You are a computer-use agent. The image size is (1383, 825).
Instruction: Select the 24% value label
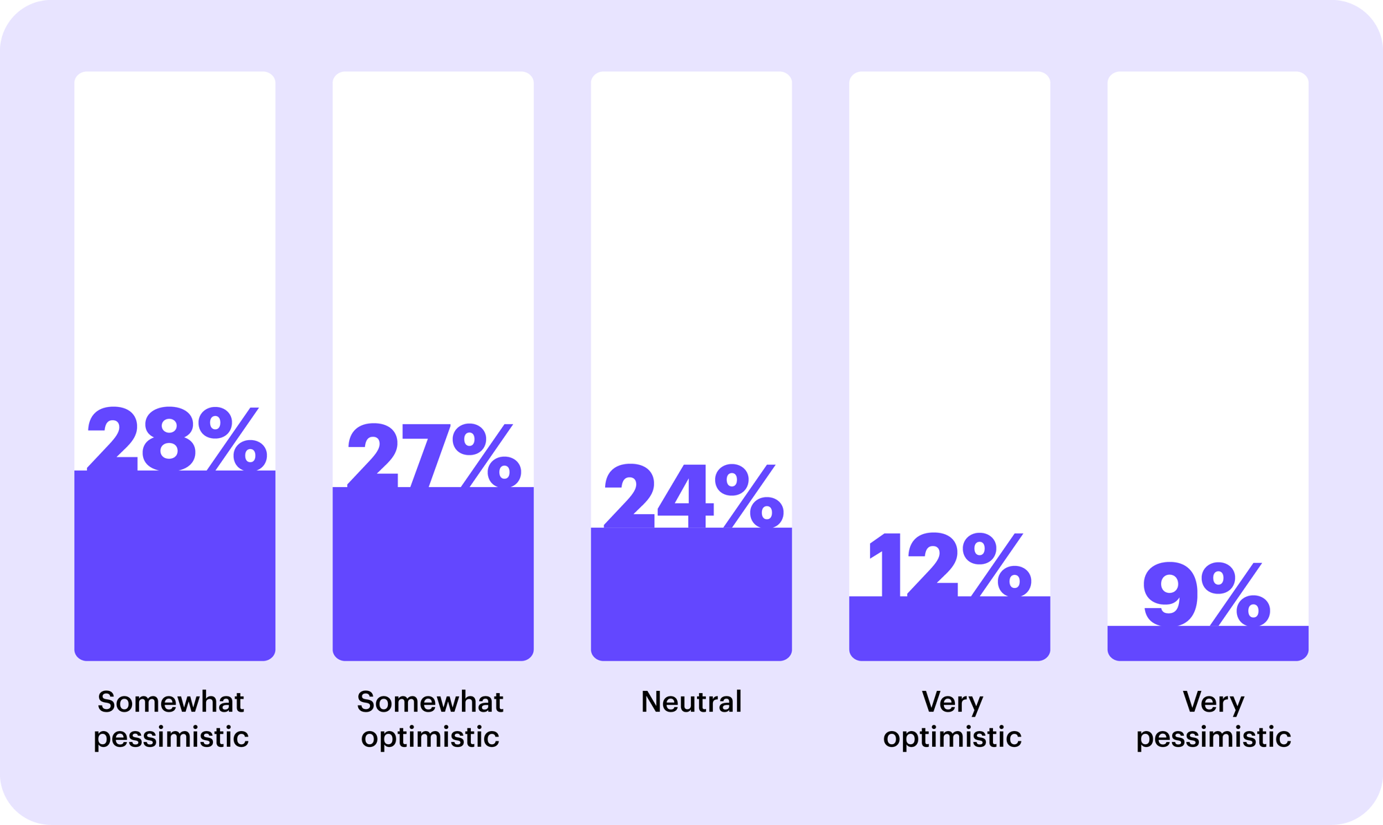694,495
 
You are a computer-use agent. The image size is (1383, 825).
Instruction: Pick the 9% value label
1207,594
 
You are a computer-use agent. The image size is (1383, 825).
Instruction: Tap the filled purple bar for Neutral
691,594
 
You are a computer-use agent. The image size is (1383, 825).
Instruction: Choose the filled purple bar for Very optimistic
949,628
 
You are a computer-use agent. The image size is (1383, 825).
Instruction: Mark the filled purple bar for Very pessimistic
1207,643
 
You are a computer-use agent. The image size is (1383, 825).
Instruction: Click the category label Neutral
691,702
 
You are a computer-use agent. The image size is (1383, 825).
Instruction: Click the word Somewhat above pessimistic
171,702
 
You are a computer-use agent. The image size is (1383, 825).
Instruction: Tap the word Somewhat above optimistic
430,702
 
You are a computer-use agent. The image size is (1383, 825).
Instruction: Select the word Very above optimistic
952,702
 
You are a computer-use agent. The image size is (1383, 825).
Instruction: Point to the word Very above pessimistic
1214,702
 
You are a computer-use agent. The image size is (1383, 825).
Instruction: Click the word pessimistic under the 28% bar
171,737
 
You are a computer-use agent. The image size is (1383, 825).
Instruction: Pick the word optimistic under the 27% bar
430,737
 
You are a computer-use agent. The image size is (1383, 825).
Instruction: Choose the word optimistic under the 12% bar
952,737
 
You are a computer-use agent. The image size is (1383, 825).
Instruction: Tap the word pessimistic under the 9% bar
1214,737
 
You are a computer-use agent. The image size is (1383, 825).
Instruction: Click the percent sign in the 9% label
1236,594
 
